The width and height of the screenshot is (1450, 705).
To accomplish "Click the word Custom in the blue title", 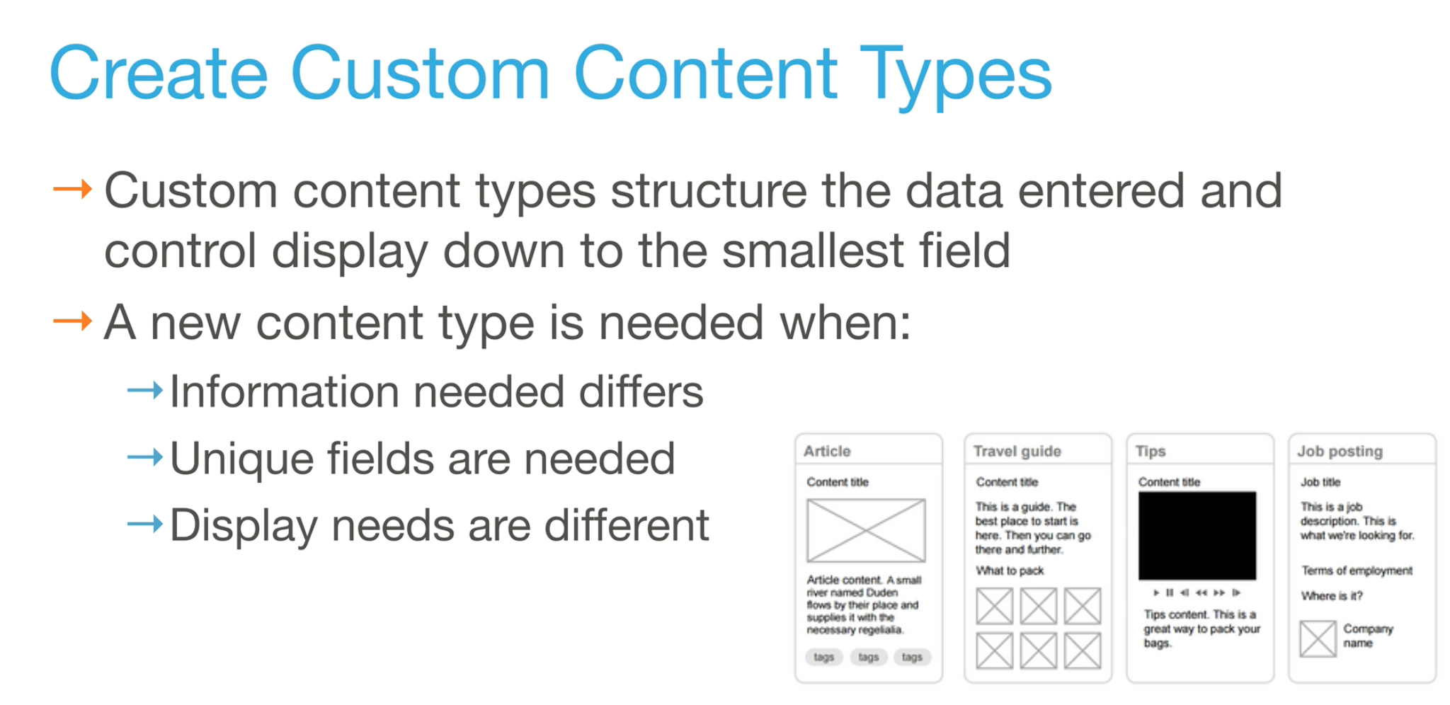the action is [x=421, y=74].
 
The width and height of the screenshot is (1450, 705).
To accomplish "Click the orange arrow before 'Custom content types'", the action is [x=73, y=189].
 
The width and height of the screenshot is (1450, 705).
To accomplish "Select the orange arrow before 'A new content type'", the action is [x=73, y=321].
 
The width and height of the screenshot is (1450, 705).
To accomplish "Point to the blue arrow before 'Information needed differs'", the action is [x=145, y=390].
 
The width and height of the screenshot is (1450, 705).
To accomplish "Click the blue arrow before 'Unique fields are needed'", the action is [x=145, y=457].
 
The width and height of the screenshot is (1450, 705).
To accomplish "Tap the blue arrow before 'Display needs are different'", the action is [x=145, y=525].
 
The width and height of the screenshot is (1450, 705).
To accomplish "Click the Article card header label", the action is [x=827, y=451].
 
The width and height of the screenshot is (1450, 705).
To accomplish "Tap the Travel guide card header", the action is [x=1017, y=451].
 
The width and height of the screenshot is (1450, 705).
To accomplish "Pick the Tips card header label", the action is [x=1151, y=451].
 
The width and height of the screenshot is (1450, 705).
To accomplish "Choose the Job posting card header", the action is [x=1340, y=451].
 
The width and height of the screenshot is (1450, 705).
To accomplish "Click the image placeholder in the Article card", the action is [x=866, y=530].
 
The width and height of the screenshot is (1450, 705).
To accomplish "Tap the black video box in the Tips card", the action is [x=1197, y=536].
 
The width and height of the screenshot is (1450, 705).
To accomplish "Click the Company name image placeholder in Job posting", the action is [x=1318, y=638].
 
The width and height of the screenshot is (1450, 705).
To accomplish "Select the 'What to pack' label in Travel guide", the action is [x=1010, y=571].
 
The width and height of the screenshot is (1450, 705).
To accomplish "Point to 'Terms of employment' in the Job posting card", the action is [x=1357, y=571].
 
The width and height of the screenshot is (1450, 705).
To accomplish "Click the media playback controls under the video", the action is [x=1197, y=592].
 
